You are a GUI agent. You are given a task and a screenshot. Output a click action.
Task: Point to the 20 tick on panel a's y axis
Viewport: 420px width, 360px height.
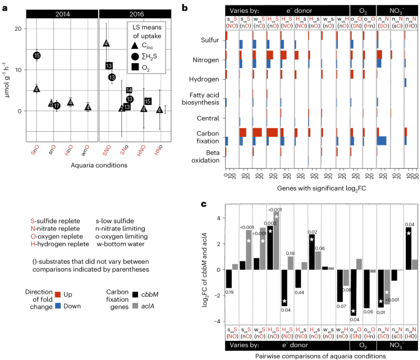point(19,29)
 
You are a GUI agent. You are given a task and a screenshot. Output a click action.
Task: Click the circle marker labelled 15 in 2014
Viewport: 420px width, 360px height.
point(37,56)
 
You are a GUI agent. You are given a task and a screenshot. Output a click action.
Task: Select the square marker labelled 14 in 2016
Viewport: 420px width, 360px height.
point(129,90)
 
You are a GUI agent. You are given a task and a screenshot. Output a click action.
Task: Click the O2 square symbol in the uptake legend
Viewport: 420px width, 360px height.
point(135,69)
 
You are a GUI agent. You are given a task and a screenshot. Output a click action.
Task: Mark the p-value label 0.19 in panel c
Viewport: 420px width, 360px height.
point(228,292)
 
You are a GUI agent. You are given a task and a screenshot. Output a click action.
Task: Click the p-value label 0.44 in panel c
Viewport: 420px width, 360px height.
point(299,292)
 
